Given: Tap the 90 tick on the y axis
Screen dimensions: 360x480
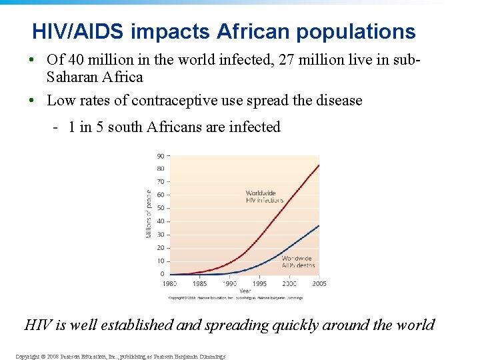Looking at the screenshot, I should coord(161,156).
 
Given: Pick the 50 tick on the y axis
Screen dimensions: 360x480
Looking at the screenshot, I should coord(161,208).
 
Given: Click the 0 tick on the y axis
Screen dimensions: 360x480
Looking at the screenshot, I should coord(162,274).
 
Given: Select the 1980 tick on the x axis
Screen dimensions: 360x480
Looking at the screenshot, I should coord(171,283).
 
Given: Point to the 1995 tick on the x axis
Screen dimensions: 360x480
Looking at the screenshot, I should coord(259,283).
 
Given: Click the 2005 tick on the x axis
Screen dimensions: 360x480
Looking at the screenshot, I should coord(319,283).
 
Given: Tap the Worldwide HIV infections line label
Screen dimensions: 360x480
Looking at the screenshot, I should coord(264,197).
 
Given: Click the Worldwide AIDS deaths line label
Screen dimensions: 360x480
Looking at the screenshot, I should coord(297,261).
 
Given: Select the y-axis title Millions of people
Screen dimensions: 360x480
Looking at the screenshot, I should coord(148,213).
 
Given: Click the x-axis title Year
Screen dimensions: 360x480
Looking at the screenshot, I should coord(245,291).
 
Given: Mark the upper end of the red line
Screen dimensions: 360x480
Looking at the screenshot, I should coord(319,165).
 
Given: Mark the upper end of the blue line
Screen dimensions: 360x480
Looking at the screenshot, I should coord(319,225).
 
